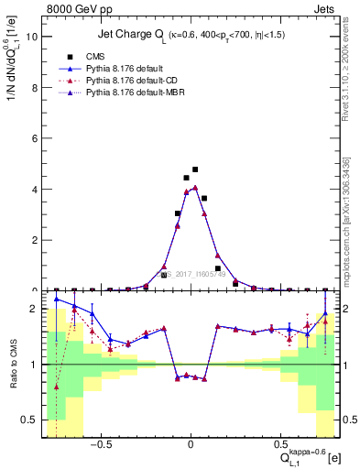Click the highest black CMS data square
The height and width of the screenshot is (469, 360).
coord(195,169)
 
